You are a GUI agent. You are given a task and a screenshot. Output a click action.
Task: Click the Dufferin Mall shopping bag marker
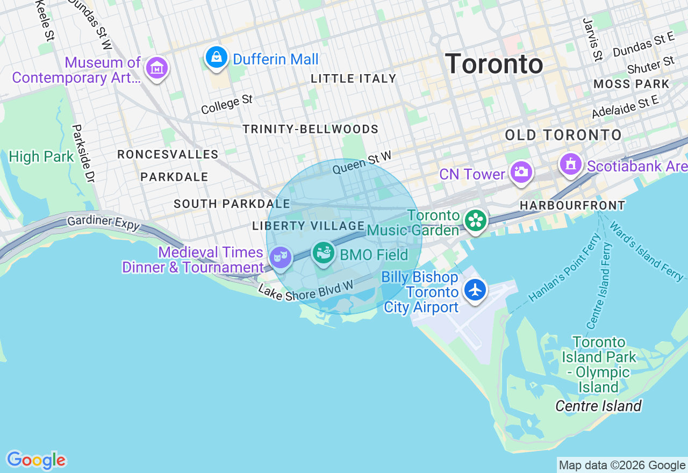(x=216, y=58)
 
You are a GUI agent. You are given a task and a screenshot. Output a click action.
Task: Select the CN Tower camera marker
(x=521, y=173)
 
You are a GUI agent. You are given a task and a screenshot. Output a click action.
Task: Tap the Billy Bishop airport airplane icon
(x=475, y=290)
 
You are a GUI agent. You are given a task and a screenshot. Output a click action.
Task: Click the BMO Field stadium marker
(x=324, y=253)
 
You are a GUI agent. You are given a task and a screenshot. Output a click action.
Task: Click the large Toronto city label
(x=494, y=64)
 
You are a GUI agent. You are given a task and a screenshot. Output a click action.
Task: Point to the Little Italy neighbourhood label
(x=354, y=78)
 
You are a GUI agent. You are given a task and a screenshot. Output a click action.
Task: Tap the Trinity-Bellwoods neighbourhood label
(x=310, y=130)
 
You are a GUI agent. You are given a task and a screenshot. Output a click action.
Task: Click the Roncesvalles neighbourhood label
(x=168, y=155)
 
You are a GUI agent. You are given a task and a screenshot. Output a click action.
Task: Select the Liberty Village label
(x=309, y=226)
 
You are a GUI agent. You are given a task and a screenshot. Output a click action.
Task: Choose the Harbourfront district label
(x=572, y=205)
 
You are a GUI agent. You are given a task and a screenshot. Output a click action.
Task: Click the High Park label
(x=41, y=157)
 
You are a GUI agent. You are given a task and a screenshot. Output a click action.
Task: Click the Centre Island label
(x=598, y=406)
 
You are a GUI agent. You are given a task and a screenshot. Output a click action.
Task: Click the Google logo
(x=36, y=461)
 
